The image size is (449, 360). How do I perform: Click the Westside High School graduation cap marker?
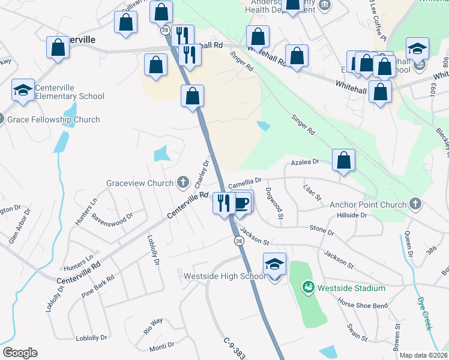coord(274,265)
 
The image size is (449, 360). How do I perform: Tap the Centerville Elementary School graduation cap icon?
coord(23,91)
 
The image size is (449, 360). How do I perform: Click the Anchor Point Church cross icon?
coord(415,204)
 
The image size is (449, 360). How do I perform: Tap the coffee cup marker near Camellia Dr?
coord(241,202)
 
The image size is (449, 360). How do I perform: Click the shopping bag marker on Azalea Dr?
coord(343,161)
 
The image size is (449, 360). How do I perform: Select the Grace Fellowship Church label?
coord(53,119)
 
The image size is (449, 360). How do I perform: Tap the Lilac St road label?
coord(313,193)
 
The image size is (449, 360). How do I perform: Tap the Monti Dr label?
coord(161,346)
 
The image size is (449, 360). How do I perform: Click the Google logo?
coord(20,353)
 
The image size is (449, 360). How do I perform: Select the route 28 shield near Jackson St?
coord(238,240)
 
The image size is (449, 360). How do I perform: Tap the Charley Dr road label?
coord(202,173)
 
